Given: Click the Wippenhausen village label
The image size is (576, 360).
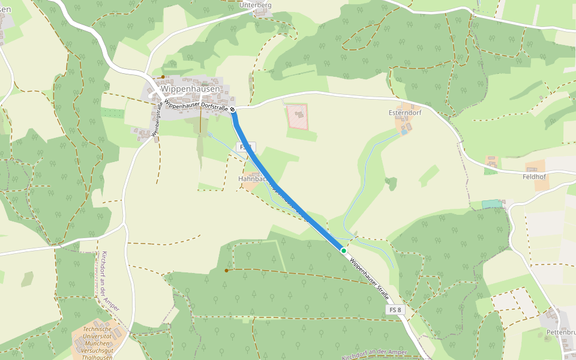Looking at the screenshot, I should [x=190, y=89].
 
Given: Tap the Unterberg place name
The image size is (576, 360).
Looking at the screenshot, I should [x=256, y=5].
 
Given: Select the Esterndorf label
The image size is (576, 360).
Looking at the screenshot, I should [x=406, y=113].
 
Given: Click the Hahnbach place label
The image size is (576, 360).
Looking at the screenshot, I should [x=252, y=179].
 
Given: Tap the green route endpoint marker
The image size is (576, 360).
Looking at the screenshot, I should [x=343, y=250].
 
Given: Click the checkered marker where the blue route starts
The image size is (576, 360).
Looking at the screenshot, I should [x=232, y=110].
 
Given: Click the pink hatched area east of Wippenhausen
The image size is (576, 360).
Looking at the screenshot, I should [x=296, y=116].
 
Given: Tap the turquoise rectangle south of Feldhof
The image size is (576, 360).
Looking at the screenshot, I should [x=492, y=205].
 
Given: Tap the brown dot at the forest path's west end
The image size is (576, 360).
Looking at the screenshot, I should [x=226, y=271].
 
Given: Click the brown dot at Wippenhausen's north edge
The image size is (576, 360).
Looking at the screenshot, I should [x=163, y=77].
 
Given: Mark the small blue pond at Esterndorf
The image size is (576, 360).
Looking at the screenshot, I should [x=404, y=132].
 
